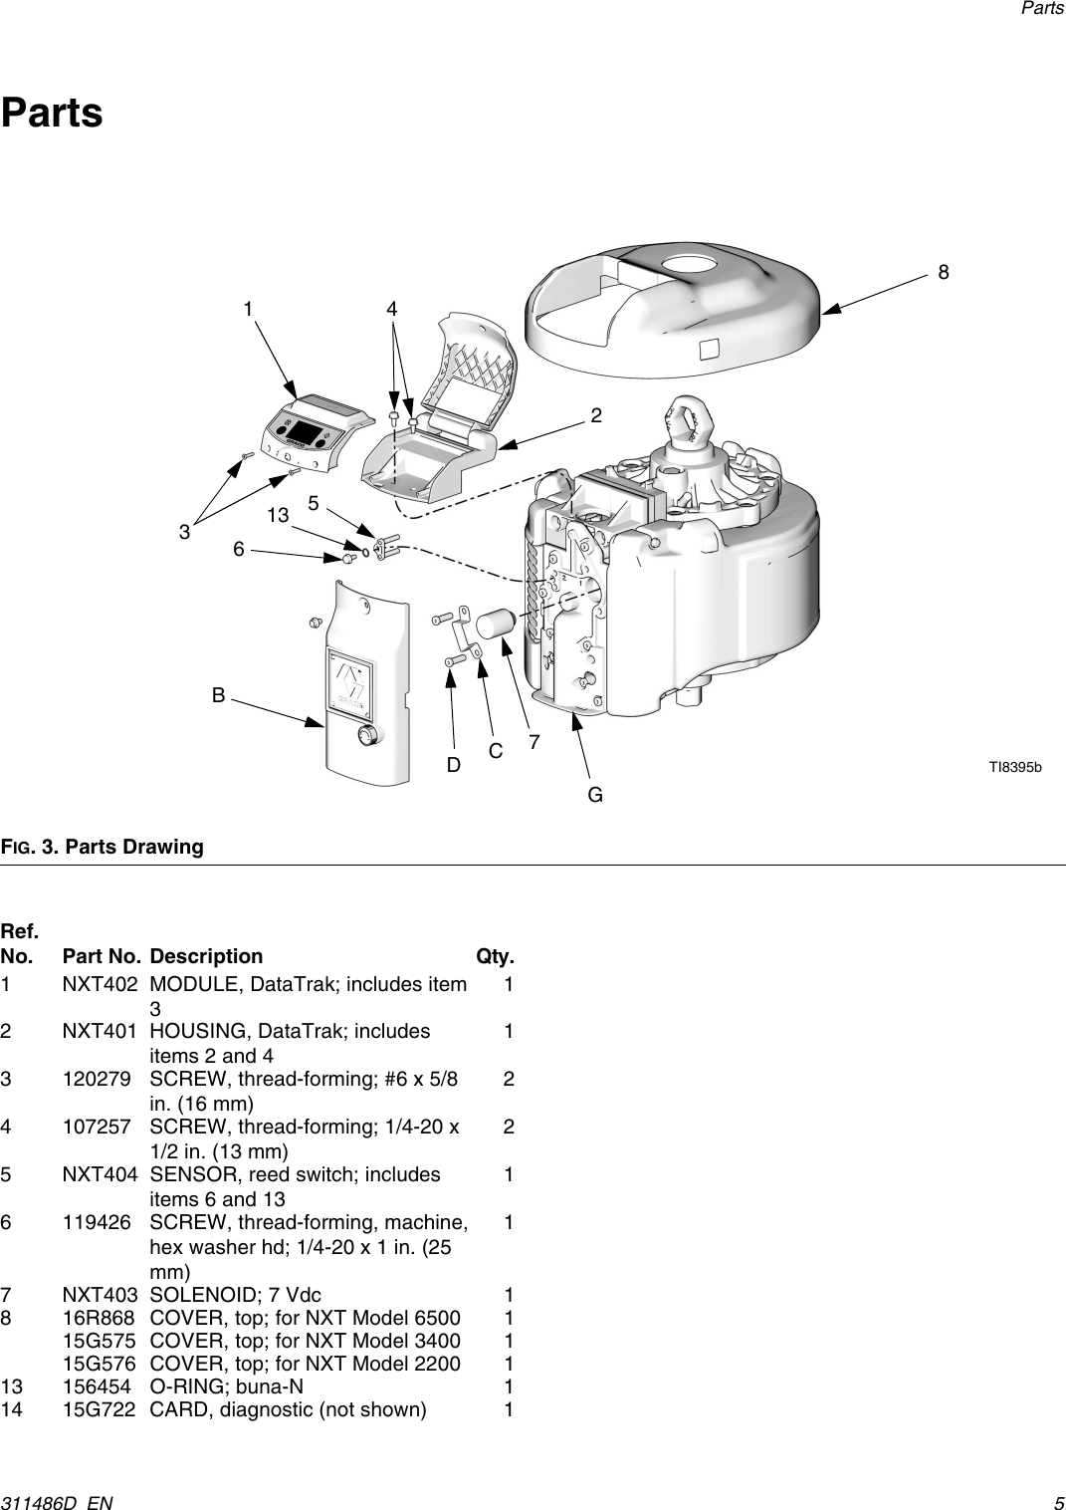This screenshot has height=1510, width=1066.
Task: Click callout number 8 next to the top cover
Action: pyautogui.click(x=943, y=272)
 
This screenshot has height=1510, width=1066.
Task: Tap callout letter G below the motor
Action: pyautogui.click(x=594, y=795)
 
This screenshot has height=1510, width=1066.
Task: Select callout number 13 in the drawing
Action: pyautogui.click(x=277, y=515)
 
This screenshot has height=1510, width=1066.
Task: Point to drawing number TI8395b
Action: pyautogui.click(x=1014, y=767)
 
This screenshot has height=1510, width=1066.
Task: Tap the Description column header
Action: pyautogui.click(x=206, y=956)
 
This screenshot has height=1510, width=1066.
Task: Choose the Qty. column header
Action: pyautogui.click(x=495, y=956)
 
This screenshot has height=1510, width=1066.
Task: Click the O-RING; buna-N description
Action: pyautogui.click(x=227, y=1386)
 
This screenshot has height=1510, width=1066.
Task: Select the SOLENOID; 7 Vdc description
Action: pyautogui.click(x=235, y=1295)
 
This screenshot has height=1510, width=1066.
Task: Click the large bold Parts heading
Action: pyautogui.click(x=52, y=113)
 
